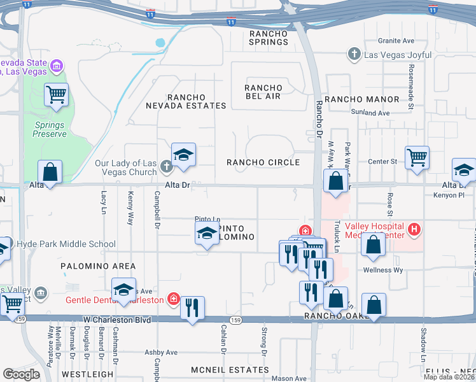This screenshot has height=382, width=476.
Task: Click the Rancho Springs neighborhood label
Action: [269, 38]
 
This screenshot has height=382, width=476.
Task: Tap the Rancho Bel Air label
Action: [263, 92]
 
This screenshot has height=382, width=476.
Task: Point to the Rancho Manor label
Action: [362, 99]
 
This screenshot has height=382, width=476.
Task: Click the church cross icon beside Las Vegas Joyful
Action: [355, 55]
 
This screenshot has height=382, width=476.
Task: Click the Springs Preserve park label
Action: [50, 130]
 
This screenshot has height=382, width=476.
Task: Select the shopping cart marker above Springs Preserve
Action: [56, 95]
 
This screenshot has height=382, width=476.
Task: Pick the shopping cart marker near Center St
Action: [417, 157]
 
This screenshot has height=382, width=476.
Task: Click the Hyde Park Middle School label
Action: [66, 244]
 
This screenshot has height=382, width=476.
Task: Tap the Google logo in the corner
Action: [21, 374]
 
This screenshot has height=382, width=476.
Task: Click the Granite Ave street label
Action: [396, 41]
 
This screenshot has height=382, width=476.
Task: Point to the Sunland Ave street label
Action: [370, 113]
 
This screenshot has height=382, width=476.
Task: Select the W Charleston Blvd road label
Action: [117, 320]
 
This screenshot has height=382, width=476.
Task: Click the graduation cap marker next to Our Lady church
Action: [183, 155]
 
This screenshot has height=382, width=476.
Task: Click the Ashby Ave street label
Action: [162, 352]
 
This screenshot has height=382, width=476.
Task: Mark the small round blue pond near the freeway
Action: [160, 43]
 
